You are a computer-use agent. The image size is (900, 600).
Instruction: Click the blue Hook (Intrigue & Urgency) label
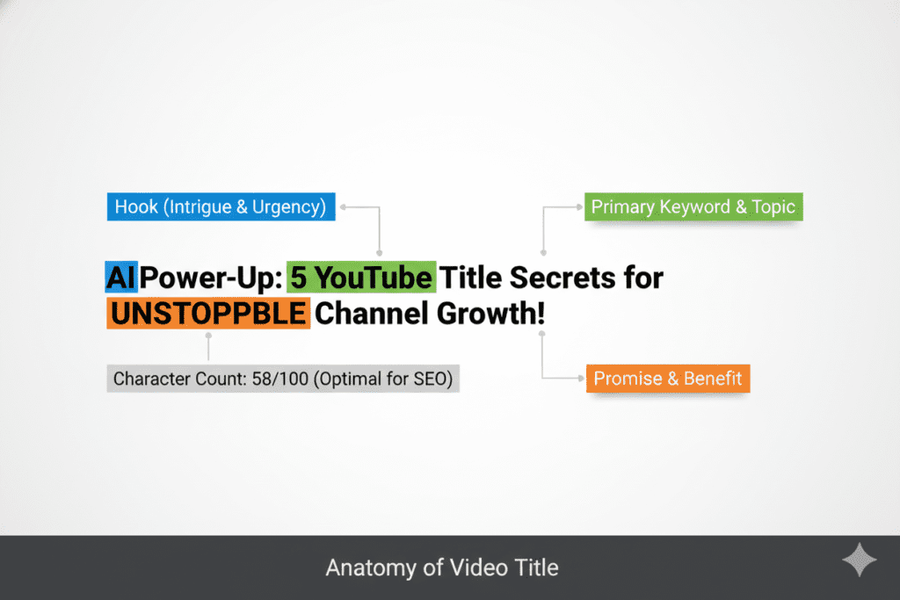point(221,208)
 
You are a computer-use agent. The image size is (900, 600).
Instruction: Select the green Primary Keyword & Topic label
point(693,207)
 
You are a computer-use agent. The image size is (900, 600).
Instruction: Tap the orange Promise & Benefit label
point(668,380)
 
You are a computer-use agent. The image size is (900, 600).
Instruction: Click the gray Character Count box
point(283,380)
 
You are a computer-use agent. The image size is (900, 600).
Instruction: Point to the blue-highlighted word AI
point(120,278)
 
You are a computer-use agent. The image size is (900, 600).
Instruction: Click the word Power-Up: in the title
point(211,278)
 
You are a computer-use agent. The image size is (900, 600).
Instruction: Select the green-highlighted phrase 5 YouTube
point(361,278)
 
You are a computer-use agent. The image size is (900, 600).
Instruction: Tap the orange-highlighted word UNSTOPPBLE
point(208,314)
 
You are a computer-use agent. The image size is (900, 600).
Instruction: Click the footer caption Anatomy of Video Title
point(442,567)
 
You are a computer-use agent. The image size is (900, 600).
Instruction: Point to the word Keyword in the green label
point(693,207)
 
